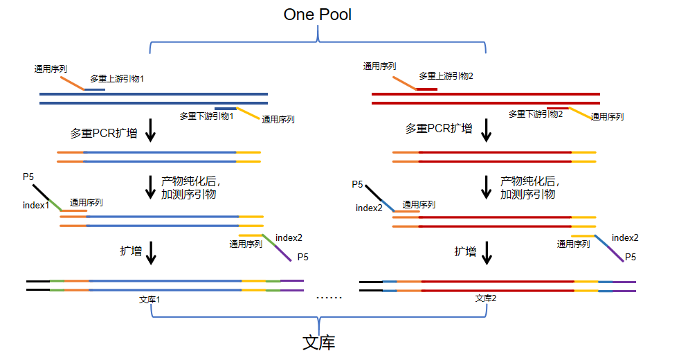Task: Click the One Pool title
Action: pos(318,15)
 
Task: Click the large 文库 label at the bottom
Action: pos(318,343)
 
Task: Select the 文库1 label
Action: pos(150,299)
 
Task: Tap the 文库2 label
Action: pos(485,298)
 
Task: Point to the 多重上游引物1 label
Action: pos(117,79)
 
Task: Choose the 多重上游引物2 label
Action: pos(446,76)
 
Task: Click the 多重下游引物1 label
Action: pos(206,116)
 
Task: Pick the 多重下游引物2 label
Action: pos(536,114)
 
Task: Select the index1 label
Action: pos(36,206)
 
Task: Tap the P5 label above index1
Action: pos(28,178)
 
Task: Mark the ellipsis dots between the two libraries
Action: pos(329,298)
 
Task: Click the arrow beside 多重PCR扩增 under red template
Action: pos(487,129)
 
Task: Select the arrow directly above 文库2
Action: pos(487,252)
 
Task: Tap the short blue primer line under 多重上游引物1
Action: pos(95,89)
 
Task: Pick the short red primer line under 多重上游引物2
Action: pos(426,89)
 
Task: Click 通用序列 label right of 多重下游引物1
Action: pos(278,120)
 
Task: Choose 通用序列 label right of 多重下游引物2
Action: pos(607,118)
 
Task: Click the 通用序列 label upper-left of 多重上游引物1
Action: pos(51,69)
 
